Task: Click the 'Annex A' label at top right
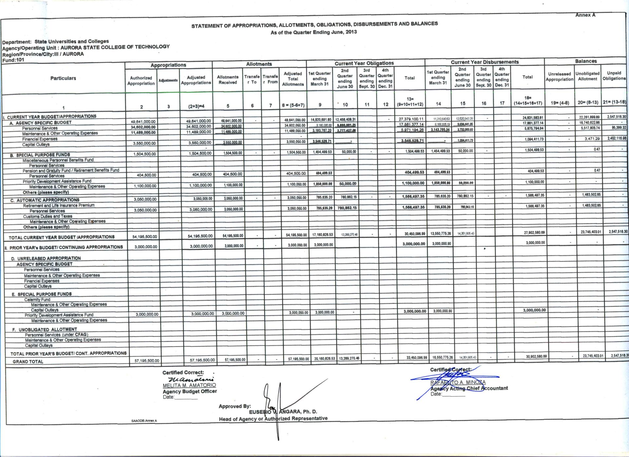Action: (x=585, y=15)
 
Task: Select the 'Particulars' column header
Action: (x=63, y=78)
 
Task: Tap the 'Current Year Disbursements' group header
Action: (x=485, y=62)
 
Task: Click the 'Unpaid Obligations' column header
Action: (x=614, y=76)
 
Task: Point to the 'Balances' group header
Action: (x=586, y=61)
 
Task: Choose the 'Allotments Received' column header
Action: (x=228, y=80)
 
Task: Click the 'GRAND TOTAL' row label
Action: (x=28, y=362)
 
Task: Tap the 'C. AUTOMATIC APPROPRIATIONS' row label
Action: (x=45, y=200)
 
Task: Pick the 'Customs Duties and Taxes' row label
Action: (x=48, y=217)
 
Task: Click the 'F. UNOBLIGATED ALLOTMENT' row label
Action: (x=45, y=330)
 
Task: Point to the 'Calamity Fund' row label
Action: (x=37, y=300)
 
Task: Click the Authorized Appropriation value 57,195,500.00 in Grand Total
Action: (x=147, y=361)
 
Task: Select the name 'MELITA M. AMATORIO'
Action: (x=189, y=385)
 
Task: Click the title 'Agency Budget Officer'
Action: (x=190, y=391)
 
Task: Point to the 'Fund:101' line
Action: (x=13, y=60)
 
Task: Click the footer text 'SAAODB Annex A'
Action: (x=144, y=421)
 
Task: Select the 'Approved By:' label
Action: (x=235, y=406)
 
